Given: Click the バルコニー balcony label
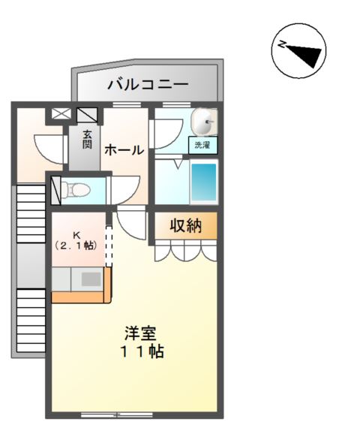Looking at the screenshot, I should [x=147, y=83].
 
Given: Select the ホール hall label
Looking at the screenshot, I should [x=123, y=150].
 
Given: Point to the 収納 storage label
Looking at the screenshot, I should [x=184, y=226].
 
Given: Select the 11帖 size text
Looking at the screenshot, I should [x=140, y=351].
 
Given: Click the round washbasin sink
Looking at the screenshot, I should [x=204, y=120].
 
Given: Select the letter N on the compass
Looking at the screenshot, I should [x=281, y=45].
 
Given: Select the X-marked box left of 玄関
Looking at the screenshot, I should [x=59, y=116].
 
